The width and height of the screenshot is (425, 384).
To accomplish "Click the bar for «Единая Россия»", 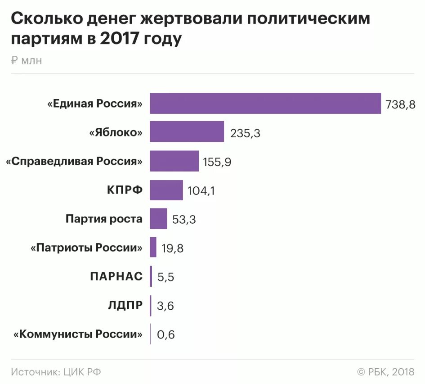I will (x=265, y=104).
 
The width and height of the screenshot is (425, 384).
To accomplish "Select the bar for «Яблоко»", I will (x=187, y=132).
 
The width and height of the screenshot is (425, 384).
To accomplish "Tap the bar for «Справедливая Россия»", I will (x=174, y=161).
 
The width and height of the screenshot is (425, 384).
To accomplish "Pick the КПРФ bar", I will (x=166, y=190).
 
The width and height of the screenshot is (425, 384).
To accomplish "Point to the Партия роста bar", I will (x=158, y=219).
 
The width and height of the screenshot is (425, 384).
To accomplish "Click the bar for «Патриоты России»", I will (x=153, y=247).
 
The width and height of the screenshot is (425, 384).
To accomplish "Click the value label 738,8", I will (x=400, y=104).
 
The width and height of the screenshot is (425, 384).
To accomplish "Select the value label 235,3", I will (x=245, y=133).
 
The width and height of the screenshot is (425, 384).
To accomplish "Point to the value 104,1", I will (x=201, y=191).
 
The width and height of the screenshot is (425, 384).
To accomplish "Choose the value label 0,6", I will (x=165, y=335).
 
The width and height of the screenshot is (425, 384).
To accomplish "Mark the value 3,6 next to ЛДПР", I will (x=165, y=306).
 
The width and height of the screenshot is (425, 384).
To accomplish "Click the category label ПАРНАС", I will (x=116, y=276).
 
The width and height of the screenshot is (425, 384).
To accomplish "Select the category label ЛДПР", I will (x=125, y=305).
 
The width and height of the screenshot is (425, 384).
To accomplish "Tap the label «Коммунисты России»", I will (x=78, y=334).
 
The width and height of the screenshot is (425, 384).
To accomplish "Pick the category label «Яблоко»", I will (x=116, y=132).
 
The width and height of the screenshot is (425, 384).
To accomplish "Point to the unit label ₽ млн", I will (x=27, y=61).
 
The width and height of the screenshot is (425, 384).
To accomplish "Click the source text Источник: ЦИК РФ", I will (x=56, y=372).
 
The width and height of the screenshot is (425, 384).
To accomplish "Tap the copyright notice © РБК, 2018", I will (x=385, y=372).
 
